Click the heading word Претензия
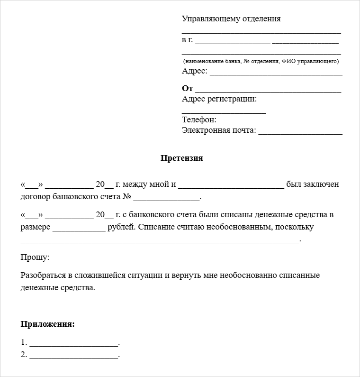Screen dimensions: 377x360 [181, 158]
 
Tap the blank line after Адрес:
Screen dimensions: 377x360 [276, 73]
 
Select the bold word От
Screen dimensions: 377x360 [187, 89]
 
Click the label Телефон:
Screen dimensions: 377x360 [199, 120]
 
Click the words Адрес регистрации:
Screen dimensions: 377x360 [219, 99]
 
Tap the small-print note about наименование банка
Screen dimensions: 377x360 [261, 62]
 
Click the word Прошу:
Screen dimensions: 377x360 [35, 257]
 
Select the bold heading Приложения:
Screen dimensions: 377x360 [48, 324]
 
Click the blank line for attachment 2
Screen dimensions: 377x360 [73, 356]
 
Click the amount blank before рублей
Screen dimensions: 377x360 [79, 229]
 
